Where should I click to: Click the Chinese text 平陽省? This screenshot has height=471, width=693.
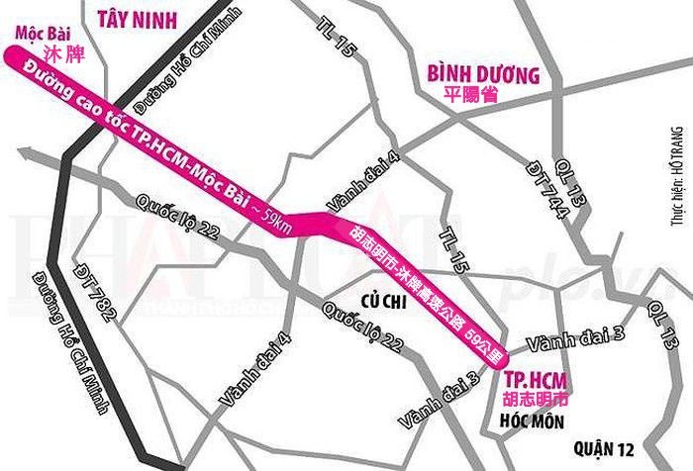tap(471, 96)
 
